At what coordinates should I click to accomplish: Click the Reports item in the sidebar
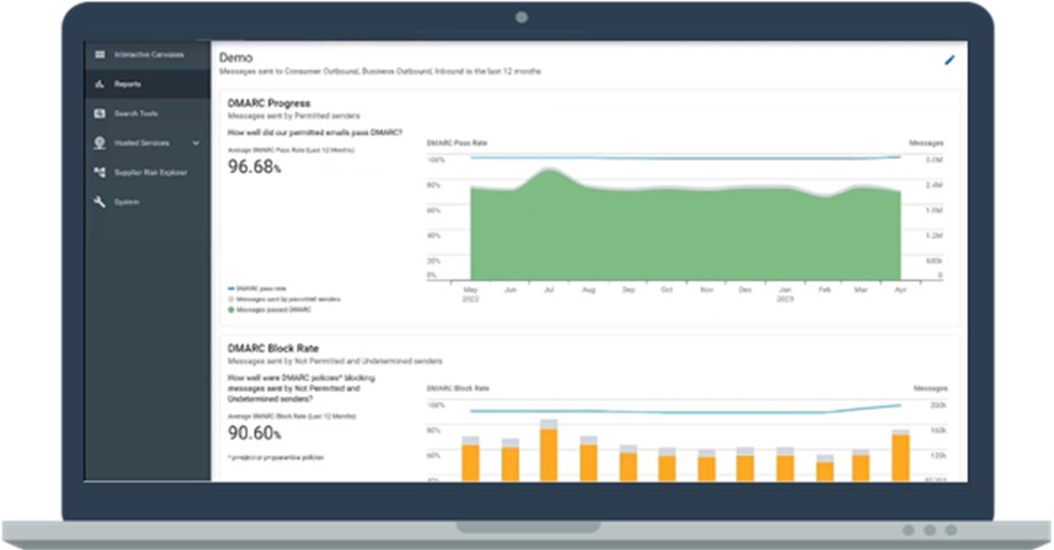coord(127,84)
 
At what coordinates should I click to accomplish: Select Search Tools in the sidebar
coord(136,114)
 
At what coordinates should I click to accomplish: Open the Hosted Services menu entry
coord(142,143)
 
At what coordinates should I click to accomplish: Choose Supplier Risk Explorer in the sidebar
coord(150,173)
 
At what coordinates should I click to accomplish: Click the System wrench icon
coord(99,202)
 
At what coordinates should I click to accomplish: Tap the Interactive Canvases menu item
coord(148,55)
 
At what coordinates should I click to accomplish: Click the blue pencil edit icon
coord(950,60)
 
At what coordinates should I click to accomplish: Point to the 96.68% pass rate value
coord(254,166)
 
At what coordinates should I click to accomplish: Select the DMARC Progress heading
coord(269,103)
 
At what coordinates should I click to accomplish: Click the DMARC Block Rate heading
coord(274,349)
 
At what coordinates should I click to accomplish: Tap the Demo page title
coord(235,57)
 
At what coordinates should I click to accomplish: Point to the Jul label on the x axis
coord(549,289)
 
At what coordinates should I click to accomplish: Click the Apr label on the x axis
coord(900,289)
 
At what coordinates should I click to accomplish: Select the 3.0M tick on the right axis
coord(933,160)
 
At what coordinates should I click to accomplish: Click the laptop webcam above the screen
coord(522,17)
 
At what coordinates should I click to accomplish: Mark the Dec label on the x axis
coord(746,289)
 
